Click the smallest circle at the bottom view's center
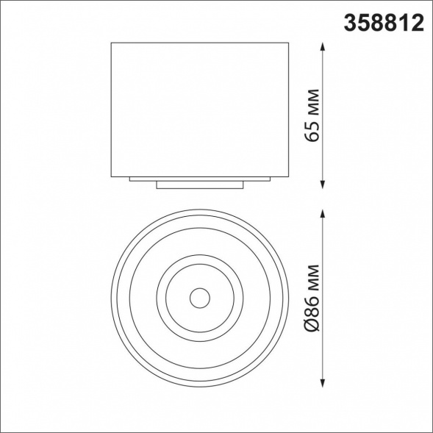(198, 298)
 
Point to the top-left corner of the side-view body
(112, 43)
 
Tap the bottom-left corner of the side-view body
(112, 176)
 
